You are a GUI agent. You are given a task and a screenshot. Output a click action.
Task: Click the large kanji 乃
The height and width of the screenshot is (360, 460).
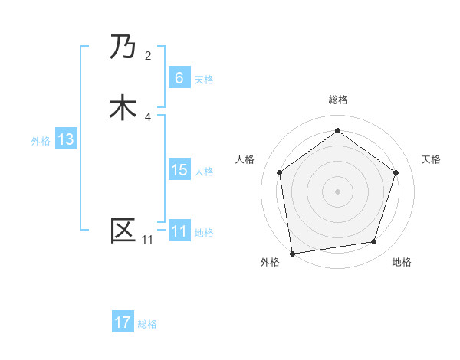pos(123,48)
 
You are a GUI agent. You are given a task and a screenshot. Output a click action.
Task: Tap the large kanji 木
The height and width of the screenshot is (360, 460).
pos(123,108)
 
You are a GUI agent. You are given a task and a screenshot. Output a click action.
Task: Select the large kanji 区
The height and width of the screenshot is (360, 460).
pos(123,231)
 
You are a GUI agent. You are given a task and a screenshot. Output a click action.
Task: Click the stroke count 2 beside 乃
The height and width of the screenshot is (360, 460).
pos(148,56)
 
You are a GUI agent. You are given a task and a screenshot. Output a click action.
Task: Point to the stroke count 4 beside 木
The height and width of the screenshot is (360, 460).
pos(148,116)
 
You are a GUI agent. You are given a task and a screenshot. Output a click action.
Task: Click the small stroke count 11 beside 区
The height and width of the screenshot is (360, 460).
pos(147,240)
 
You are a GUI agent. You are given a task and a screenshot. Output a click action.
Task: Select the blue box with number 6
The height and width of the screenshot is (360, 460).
pos(179,78)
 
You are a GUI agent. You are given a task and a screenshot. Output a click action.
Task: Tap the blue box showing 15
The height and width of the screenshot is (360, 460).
pos(179,170)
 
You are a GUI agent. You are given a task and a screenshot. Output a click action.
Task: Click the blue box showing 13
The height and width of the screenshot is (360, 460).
pos(65,139)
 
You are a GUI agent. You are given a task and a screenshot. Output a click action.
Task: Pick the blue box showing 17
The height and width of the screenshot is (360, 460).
pos(123,322)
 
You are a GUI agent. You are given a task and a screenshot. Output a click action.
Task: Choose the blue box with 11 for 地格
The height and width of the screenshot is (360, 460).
pos(179,231)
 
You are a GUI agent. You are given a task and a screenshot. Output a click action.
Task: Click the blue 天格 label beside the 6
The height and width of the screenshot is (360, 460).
pos(204,80)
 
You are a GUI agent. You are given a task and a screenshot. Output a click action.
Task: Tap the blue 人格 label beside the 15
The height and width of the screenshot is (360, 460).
pos(204,172)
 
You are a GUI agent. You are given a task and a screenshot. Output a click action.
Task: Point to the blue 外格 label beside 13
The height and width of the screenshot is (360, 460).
pos(41,141)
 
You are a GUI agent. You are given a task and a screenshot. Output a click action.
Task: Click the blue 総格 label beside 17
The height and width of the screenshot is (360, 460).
pos(147,324)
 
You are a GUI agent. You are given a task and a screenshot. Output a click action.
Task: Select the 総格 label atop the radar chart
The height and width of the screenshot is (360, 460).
pos(337,100)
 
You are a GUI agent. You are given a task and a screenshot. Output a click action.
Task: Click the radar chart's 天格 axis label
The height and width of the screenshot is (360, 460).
pos(432,159)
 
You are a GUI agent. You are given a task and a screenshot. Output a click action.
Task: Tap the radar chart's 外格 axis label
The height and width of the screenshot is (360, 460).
pos(270,262)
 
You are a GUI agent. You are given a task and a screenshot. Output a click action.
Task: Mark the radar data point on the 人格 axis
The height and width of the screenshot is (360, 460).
pos(279,172)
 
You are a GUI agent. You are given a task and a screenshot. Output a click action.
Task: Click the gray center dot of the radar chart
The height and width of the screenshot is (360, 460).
pos(337,191)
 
